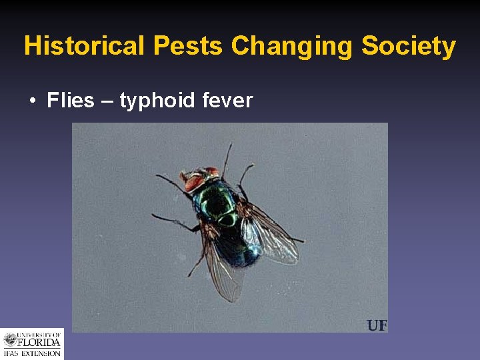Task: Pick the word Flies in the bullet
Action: [x=71, y=101]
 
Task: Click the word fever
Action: [x=228, y=101]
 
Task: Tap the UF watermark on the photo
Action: [x=377, y=325]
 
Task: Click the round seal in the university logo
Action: [x=11, y=340]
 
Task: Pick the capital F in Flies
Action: [x=53, y=101]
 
